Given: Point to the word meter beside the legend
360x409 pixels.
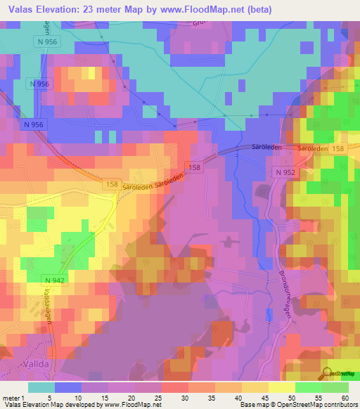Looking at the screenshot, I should click(12, 397).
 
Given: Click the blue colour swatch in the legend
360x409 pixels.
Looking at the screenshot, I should click(67, 387).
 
